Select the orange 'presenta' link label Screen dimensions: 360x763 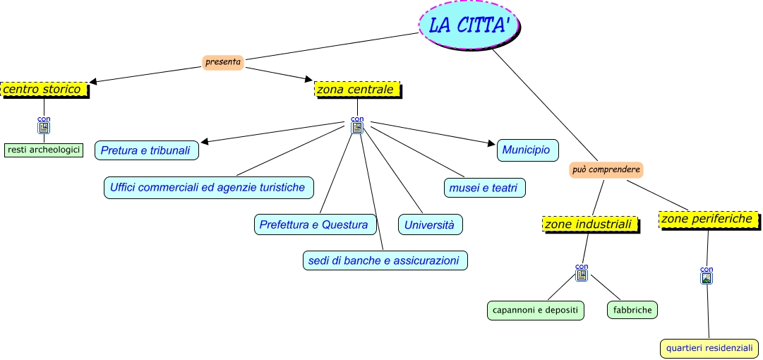coord(223,62)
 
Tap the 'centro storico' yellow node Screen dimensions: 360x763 coord(44,90)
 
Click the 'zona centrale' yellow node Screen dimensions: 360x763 coord(358,90)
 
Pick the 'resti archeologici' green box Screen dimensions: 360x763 coord(43,150)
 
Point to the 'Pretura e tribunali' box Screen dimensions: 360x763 coord(147,150)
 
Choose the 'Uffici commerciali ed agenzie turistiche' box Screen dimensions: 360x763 coord(208,187)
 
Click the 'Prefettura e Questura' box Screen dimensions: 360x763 coord(314,224)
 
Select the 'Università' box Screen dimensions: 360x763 coord(430,224)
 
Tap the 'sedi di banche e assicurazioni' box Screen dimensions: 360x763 coord(384,260)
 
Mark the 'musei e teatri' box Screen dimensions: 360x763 coord(484,188)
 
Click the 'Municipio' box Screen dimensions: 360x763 coord(527,150)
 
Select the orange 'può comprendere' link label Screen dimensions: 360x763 coord(606,169)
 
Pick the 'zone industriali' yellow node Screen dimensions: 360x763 coord(591,224)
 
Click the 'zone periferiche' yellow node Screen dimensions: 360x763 coord(709,219)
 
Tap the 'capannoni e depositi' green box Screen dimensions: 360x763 coord(536,310)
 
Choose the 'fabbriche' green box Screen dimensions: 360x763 coord(632,310)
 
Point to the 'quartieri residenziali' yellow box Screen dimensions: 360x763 coord(709,348)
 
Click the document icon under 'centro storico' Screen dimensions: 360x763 coord(44,128)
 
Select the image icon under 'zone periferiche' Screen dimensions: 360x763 coord(707,277)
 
